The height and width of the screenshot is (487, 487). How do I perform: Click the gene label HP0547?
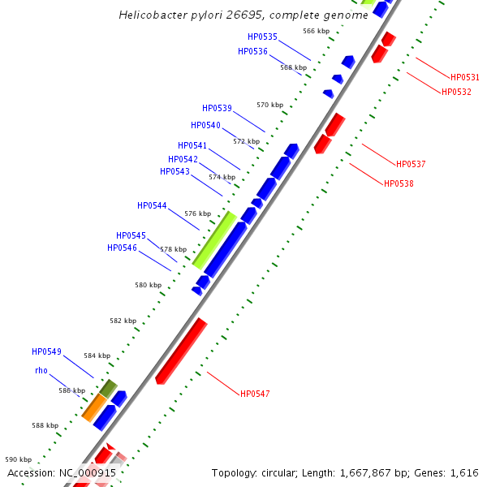point(255,394)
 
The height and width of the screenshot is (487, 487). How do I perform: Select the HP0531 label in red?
point(465,77)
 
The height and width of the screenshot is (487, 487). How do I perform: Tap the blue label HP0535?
point(262,37)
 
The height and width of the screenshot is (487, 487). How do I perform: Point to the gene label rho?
point(41,370)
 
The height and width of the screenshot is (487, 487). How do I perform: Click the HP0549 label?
point(46,351)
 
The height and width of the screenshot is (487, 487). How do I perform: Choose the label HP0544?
point(152,205)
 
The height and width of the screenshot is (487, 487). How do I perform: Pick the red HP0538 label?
point(399,183)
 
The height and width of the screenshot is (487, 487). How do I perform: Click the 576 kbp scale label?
point(197,213)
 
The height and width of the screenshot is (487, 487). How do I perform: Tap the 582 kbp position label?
point(123,321)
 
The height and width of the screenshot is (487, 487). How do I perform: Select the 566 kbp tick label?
point(316,31)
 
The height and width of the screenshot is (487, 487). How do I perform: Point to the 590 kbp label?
point(19,459)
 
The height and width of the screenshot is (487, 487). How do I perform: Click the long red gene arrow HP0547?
point(181,351)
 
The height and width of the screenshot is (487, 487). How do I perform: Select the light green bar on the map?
point(214,240)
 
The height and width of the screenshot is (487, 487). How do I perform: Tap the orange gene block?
point(94,407)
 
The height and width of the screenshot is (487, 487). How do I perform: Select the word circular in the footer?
point(287,472)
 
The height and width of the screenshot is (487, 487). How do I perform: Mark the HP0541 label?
point(192,145)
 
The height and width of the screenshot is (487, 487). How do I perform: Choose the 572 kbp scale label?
point(246,141)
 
